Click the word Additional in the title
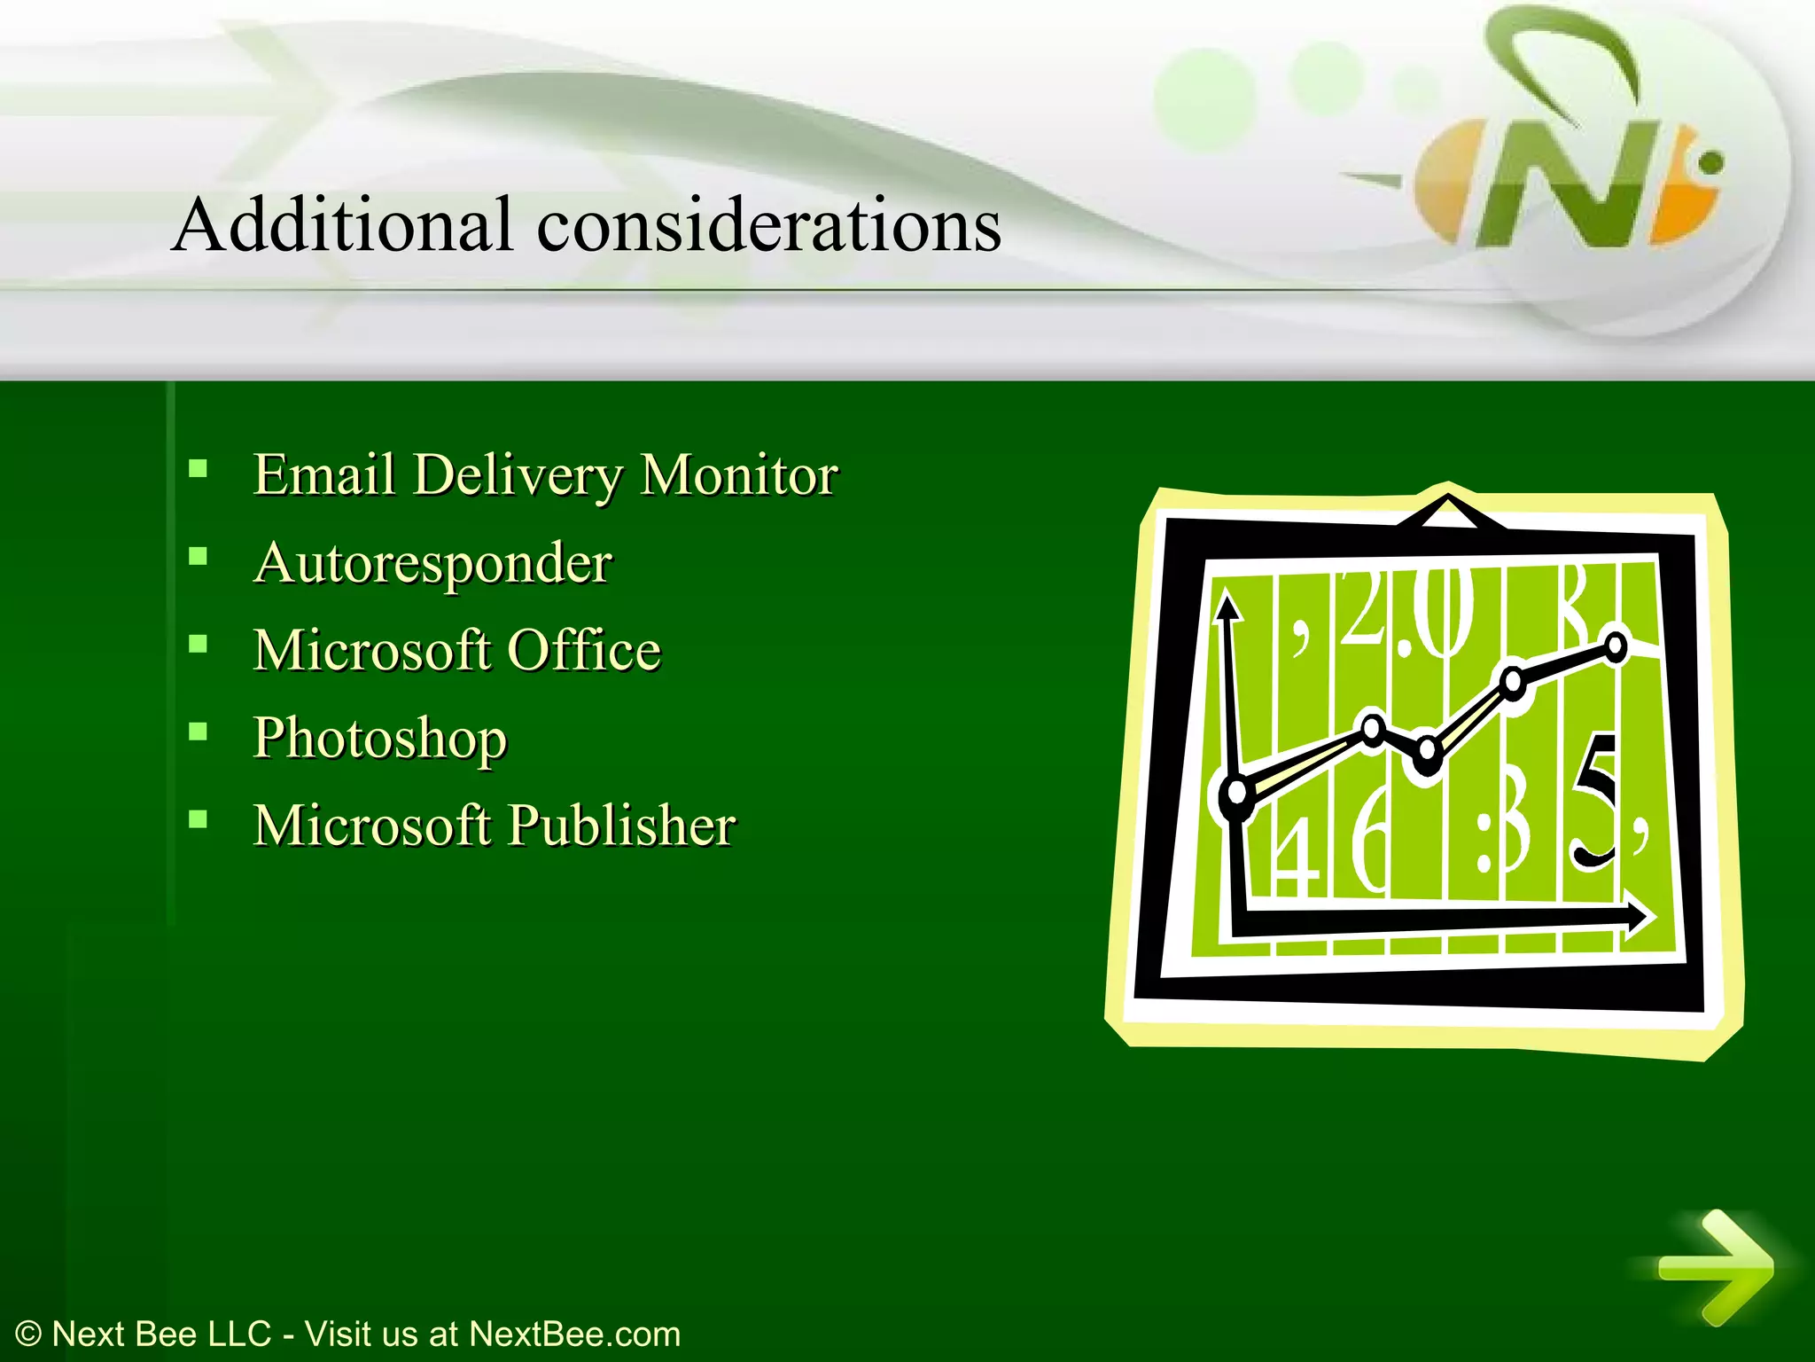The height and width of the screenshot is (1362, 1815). (343, 224)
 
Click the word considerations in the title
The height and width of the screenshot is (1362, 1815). (768, 224)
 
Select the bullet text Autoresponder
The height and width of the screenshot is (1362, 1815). (432, 562)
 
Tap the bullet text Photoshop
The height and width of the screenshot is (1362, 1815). (380, 738)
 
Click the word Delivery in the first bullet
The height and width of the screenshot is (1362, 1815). (518, 475)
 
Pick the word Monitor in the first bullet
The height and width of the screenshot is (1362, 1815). (738, 474)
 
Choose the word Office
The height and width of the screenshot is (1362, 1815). (584, 650)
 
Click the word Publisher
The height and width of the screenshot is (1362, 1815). (621, 826)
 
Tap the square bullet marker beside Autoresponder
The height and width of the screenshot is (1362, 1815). (199, 557)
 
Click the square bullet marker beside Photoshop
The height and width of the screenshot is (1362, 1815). (199, 732)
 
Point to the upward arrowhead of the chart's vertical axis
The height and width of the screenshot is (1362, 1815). (1227, 607)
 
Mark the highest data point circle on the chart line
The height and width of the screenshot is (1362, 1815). (1616, 646)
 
